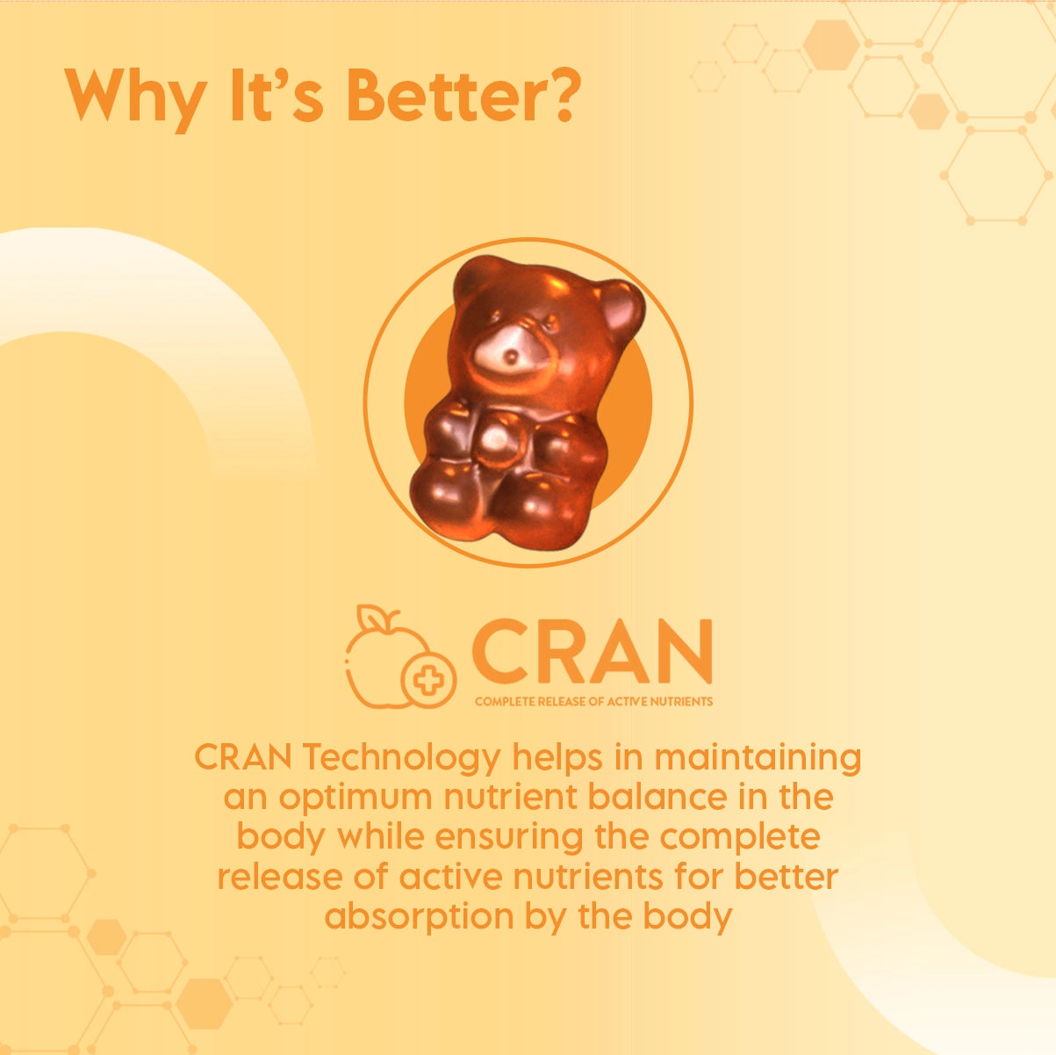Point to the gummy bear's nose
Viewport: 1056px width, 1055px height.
pyautogui.click(x=511, y=358)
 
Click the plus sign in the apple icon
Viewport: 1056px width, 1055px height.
pyautogui.click(x=428, y=680)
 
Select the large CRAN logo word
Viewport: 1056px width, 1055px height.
pyautogui.click(x=592, y=651)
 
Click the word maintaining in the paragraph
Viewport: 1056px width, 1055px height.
pyautogui.click(x=758, y=758)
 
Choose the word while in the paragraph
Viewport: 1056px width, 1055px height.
pyautogui.click(x=380, y=836)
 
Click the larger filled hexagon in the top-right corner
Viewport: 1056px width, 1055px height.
pyautogui.click(x=831, y=45)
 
